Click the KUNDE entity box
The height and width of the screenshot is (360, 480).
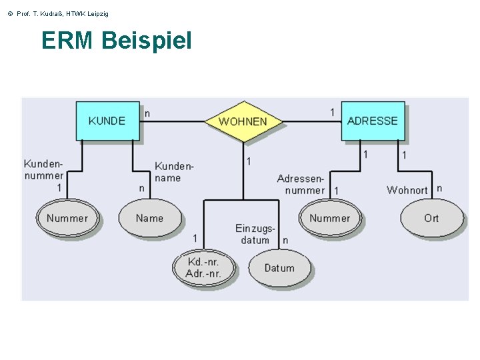[107, 121]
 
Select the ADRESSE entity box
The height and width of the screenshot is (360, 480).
[372, 121]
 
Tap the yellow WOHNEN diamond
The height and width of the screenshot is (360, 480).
[243, 121]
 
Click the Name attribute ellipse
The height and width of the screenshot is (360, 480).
[149, 218]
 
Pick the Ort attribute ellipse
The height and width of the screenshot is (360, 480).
[431, 218]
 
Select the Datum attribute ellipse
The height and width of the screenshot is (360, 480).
[279, 268]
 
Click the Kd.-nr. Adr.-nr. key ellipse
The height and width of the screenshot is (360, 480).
[203, 268]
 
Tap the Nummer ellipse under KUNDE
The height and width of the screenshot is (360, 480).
[67, 218]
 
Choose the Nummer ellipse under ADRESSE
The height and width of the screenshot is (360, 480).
[329, 218]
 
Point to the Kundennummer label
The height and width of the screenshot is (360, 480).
[44, 170]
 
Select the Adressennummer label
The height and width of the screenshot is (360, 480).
[301, 185]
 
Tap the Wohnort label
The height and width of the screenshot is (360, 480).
[407, 190]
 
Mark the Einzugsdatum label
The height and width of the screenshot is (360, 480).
[255, 234]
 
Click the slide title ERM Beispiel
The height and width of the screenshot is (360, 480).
[116, 41]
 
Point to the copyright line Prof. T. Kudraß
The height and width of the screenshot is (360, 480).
[57, 13]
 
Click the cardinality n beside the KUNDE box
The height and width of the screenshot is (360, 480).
[147, 113]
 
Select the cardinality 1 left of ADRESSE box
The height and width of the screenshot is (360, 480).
[332, 112]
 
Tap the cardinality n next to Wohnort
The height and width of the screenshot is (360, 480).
[439, 189]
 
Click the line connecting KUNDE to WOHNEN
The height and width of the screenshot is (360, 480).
[173, 121]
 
